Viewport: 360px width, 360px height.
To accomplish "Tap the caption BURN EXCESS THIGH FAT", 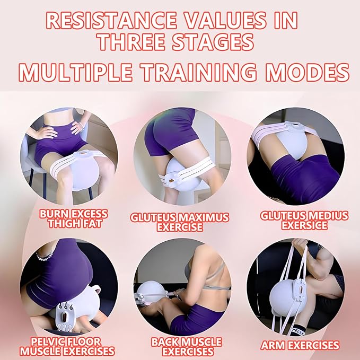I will pyautogui.click(x=73, y=218).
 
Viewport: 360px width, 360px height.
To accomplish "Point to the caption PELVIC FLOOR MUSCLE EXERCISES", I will pyautogui.click(x=67, y=346).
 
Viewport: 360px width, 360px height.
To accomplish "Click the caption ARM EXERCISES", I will pyautogui.click(x=300, y=345).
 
